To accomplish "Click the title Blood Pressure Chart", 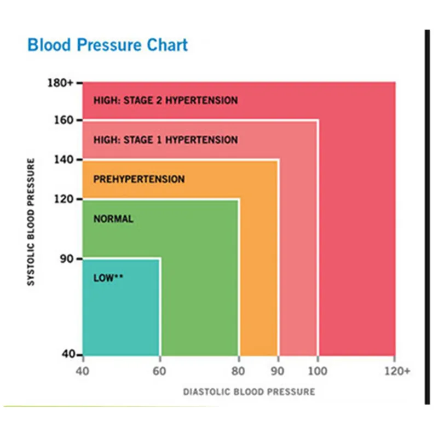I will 107,45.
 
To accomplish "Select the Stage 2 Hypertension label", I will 165,101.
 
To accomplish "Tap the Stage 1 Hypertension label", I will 165,140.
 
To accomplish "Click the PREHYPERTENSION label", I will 139,179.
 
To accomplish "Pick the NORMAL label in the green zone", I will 113,219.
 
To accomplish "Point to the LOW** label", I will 108,278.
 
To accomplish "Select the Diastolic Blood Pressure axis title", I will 249,392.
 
